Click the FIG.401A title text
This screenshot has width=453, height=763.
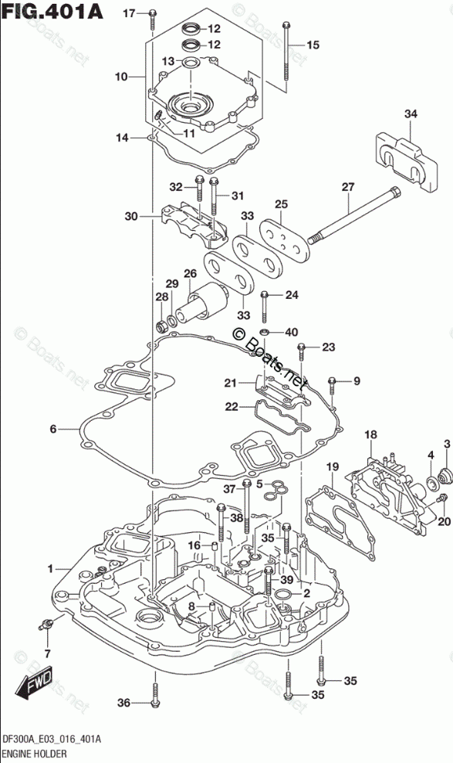pyautogui.click(x=52, y=11)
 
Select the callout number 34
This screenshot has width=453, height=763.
pyautogui.click(x=411, y=114)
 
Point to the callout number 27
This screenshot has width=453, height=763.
pyautogui.click(x=348, y=187)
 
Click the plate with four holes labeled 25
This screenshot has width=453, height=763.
pyautogui.click(x=285, y=239)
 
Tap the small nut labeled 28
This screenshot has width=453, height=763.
pyautogui.click(x=161, y=324)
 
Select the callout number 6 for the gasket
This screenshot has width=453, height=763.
pyautogui.click(x=53, y=429)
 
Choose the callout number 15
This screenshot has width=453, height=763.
pyautogui.click(x=313, y=46)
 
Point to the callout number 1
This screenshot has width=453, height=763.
pyautogui.click(x=50, y=568)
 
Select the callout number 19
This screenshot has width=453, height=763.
pyautogui.click(x=333, y=468)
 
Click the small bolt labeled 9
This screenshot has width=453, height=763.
pyautogui.click(x=333, y=384)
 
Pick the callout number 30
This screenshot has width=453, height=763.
pyautogui.click(x=131, y=216)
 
